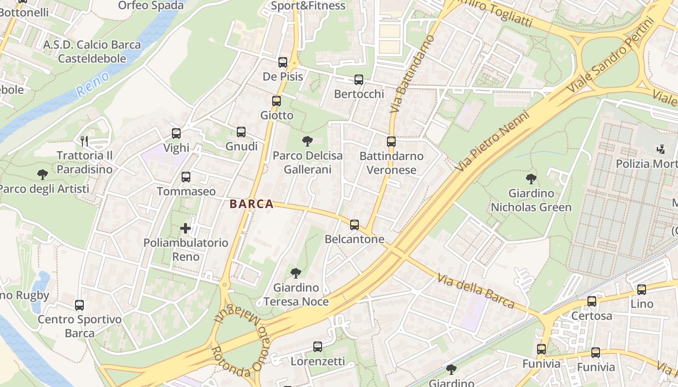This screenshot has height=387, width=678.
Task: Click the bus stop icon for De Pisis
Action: pyautogui.click(x=283, y=62)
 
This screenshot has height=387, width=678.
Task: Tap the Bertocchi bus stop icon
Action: pyautogui.click(x=359, y=80)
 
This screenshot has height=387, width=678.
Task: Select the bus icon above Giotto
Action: pyautogui.click(x=277, y=101)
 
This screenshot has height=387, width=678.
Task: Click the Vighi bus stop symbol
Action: pyautogui.click(x=176, y=134)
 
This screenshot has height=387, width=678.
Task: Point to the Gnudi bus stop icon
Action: pyautogui.click(x=241, y=132)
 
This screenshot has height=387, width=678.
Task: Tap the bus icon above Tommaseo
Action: pyautogui.click(x=186, y=177)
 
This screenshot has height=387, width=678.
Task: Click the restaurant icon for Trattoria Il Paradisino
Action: pyautogui.click(x=85, y=141)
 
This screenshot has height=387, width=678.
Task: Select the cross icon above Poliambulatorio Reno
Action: pyautogui.click(x=185, y=228)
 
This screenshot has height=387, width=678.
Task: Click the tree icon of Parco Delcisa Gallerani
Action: pyautogui.click(x=307, y=141)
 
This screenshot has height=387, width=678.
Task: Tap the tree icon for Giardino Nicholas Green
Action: pyautogui.click(x=531, y=179)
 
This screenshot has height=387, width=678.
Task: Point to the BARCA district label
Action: pyautogui.click(x=252, y=204)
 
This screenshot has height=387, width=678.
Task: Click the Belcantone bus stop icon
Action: pyautogui.click(x=354, y=225)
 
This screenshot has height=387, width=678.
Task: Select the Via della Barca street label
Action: pyautogui.click(x=475, y=291)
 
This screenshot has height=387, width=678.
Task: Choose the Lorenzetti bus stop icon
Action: pyautogui.click(x=318, y=347)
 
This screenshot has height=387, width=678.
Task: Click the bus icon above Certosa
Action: pyautogui.click(x=592, y=301)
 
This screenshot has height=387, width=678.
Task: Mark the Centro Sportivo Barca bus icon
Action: pyautogui.click(x=79, y=305)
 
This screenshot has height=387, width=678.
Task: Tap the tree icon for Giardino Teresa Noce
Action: pyautogui.click(x=296, y=273)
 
